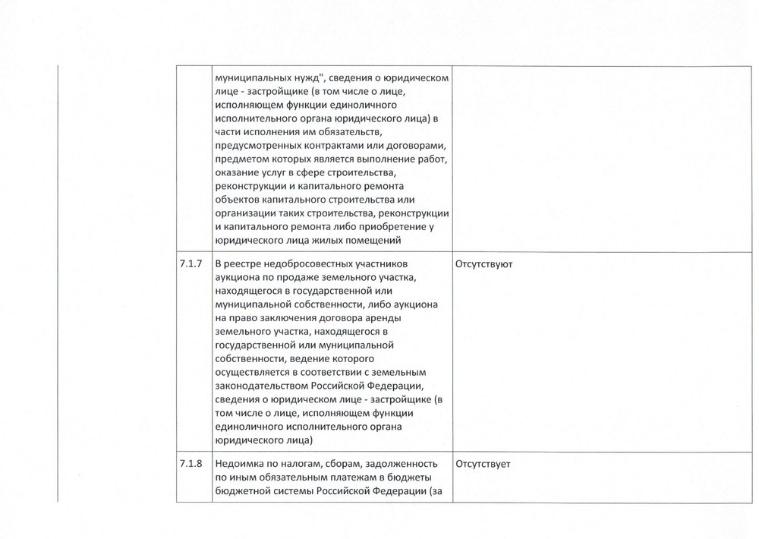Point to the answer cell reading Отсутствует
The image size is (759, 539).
482,465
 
